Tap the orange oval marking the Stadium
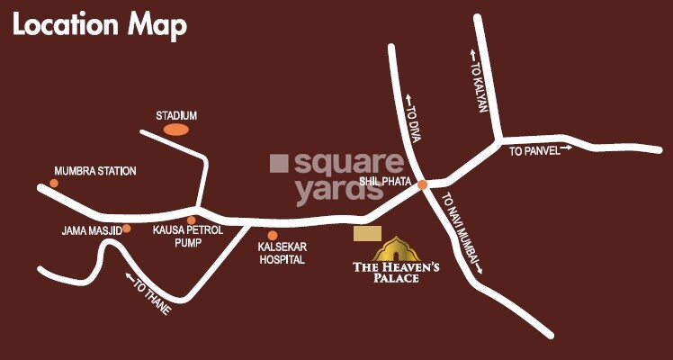point(176,130)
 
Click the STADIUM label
point(176,116)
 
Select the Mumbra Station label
point(95,171)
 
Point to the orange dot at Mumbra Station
point(54,184)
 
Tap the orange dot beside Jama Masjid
point(127,229)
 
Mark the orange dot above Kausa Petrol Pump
point(191,220)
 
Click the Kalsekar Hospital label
point(282,253)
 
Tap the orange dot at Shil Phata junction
point(422,184)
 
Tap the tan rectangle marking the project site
point(367,233)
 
